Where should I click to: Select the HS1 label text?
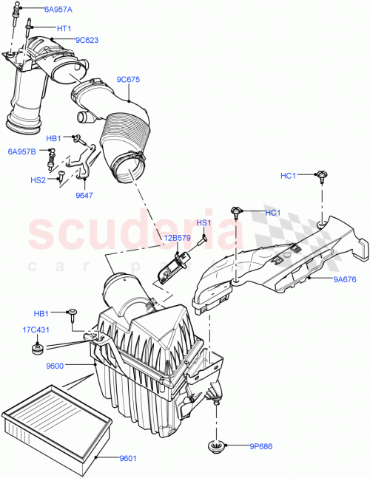(203, 222)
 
